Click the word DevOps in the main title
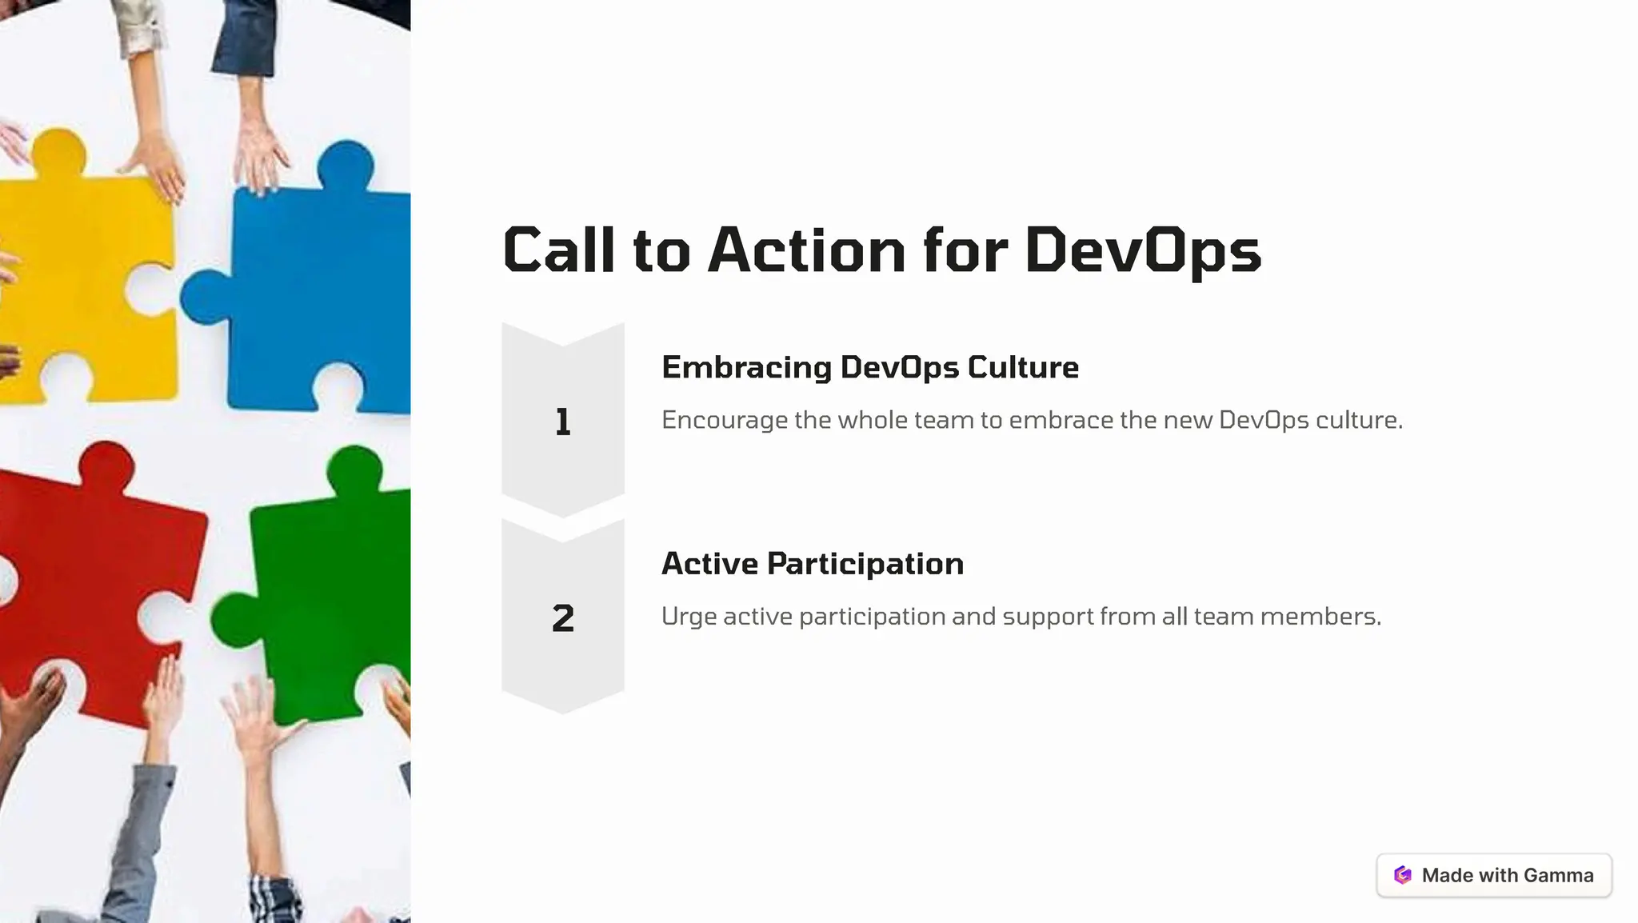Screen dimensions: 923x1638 coord(1142,251)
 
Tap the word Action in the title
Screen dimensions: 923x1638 coord(806,251)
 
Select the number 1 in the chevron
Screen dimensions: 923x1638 coord(562,422)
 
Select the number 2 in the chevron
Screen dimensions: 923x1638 coord(562,618)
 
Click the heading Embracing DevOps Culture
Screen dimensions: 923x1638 coord(869,367)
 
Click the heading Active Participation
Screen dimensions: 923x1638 coord(812,564)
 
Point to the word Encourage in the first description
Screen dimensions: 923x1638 coord(724,420)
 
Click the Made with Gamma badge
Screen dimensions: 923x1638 coord(1493,875)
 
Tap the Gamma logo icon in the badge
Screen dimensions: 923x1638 coord(1402,875)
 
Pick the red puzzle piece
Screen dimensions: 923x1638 coord(96,576)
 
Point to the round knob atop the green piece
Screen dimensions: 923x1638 coord(354,469)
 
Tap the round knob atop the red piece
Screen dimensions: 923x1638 coord(106,465)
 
